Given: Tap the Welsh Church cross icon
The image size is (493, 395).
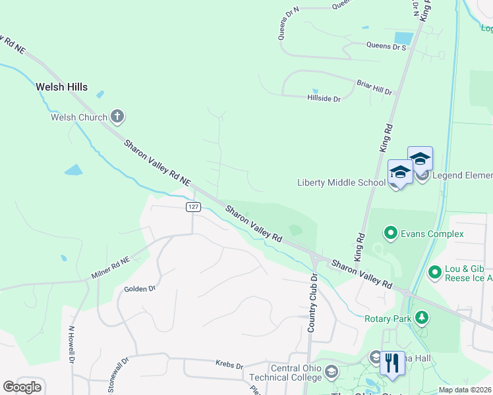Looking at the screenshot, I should click(x=117, y=117).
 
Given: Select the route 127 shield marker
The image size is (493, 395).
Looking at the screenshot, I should click(x=192, y=207).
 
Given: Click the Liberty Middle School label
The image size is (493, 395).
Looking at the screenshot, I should click(x=341, y=182).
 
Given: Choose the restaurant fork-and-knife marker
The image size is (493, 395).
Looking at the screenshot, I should click(x=392, y=363).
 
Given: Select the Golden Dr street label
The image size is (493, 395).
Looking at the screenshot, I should click(x=140, y=288).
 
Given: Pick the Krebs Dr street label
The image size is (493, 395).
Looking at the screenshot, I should click(x=229, y=364).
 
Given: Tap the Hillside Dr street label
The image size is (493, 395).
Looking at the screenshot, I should click(x=324, y=99).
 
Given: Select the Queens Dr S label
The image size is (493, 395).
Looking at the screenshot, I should click(x=386, y=47).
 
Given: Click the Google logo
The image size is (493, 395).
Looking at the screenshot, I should click(x=22, y=387).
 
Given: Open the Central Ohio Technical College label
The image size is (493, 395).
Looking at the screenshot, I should click(x=285, y=372).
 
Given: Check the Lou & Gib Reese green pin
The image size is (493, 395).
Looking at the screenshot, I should click(x=434, y=271).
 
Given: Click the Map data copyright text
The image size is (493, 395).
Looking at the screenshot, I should click(x=465, y=390).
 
